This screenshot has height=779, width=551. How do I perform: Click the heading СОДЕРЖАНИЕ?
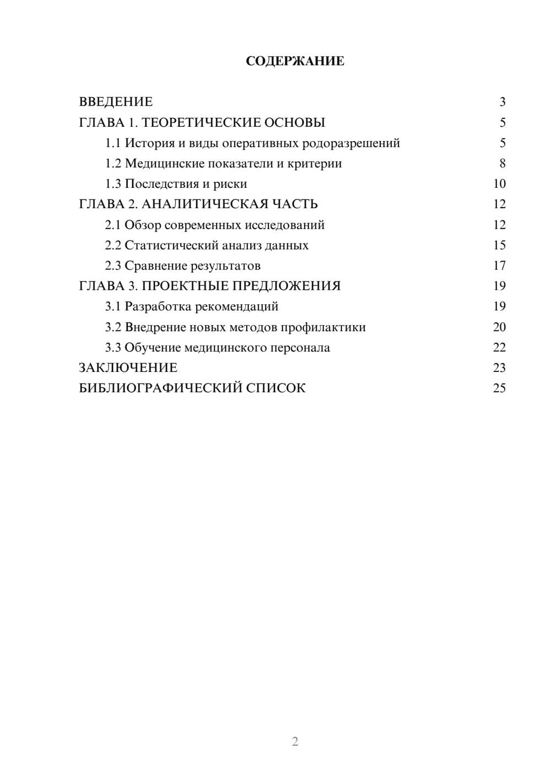(x=295, y=61)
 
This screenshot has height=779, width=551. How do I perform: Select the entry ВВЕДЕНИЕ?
(x=116, y=102)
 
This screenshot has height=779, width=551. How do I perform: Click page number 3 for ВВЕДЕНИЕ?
(x=502, y=102)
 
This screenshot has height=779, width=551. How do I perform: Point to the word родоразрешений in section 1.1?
(x=347, y=143)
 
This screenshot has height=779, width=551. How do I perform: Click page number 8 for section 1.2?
(x=502, y=164)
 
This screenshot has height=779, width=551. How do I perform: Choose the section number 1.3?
(x=113, y=184)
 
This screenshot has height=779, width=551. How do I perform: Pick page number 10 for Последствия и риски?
(x=499, y=184)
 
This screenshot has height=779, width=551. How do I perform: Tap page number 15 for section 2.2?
(x=499, y=245)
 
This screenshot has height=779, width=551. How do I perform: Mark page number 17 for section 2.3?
(x=499, y=266)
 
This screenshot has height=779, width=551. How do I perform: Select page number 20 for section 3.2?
(x=499, y=327)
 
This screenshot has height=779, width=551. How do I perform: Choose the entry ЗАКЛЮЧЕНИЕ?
(x=128, y=368)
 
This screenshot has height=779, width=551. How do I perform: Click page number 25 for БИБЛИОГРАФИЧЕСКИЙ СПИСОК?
(x=499, y=388)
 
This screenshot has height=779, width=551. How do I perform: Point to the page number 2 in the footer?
(x=295, y=742)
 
